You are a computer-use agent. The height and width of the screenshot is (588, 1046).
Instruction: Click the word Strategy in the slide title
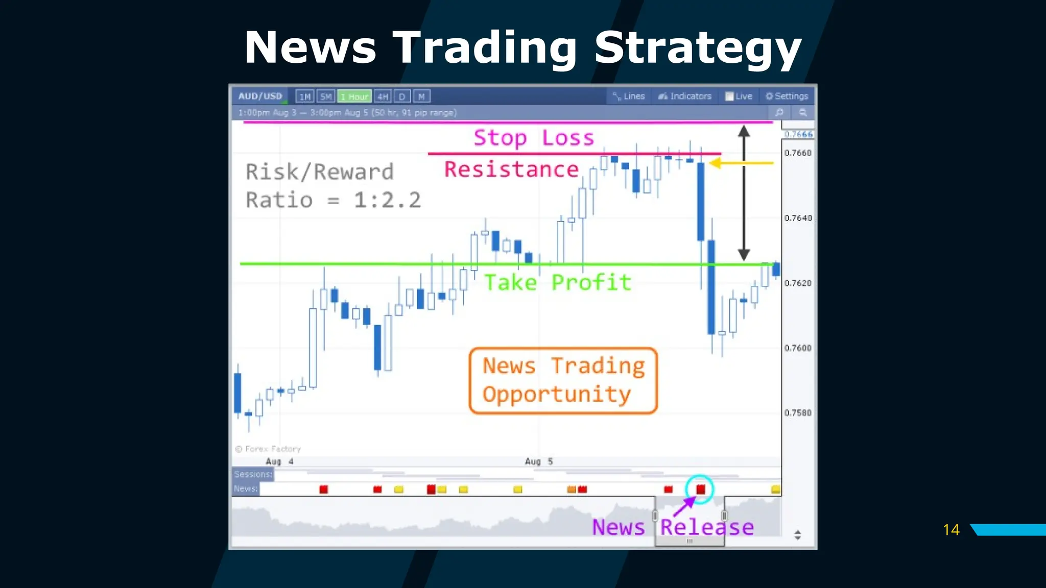pos(698,48)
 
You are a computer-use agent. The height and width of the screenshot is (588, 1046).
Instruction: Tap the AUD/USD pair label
pos(260,96)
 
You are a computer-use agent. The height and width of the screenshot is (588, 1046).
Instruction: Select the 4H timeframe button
pos(383,96)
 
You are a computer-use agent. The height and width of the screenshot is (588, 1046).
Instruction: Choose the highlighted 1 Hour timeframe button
pos(354,96)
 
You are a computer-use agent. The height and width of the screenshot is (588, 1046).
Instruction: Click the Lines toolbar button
pos(629,96)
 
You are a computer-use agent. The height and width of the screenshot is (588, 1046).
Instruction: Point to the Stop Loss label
pos(534,138)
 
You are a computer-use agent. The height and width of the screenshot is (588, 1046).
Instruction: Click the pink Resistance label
pos(511,169)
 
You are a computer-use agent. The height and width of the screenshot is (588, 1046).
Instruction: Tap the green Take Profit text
pos(558,282)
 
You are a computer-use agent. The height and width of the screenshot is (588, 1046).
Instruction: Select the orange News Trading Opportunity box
pos(563,380)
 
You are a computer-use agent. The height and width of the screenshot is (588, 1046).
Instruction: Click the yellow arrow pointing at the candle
pos(742,163)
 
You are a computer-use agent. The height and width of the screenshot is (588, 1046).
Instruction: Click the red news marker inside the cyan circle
pos(700,489)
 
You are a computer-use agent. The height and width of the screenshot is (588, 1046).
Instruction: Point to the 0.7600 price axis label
pos(798,348)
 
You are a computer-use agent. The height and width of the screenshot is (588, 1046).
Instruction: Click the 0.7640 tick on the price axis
pos(798,218)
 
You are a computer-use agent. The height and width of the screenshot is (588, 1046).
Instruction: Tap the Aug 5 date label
pos(539,461)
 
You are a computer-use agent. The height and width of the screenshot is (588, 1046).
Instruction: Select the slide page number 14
pos(951,530)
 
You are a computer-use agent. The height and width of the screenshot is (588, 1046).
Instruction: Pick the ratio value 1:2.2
pos(387,200)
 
